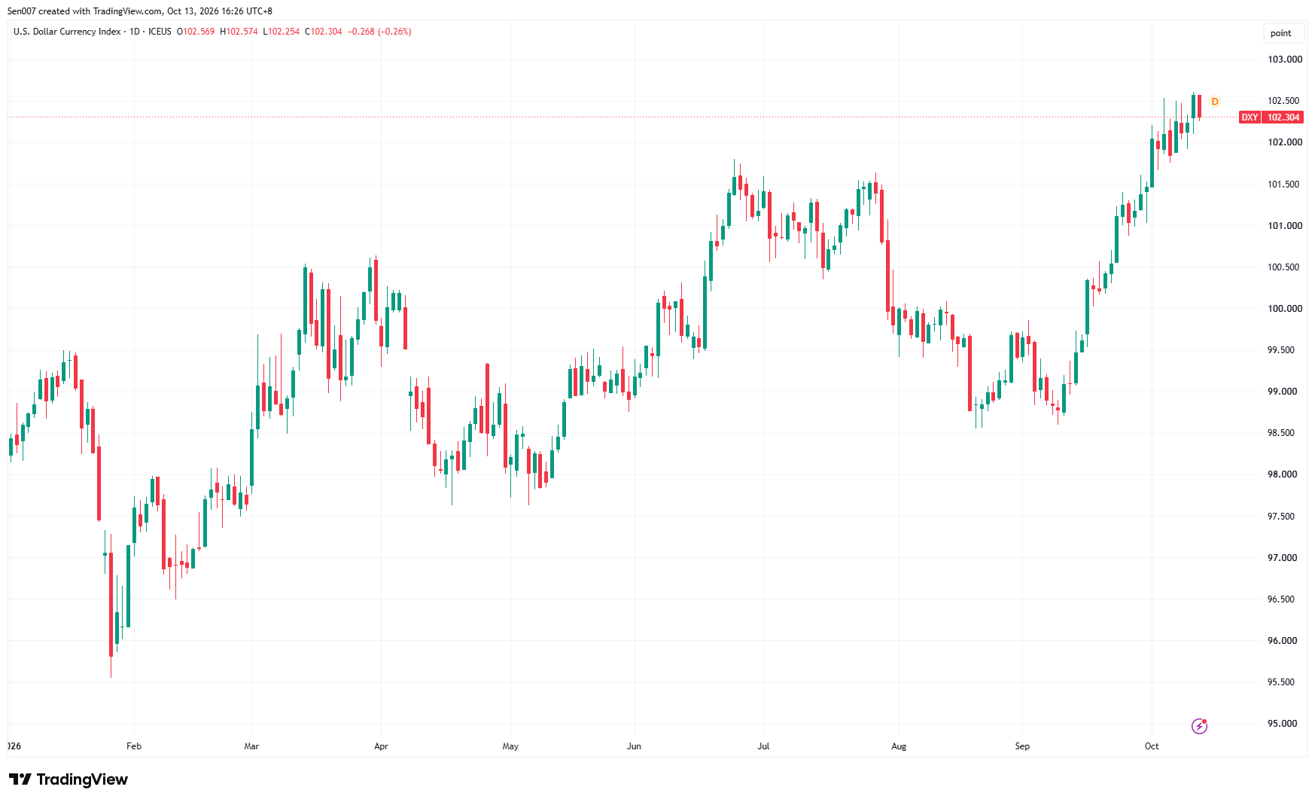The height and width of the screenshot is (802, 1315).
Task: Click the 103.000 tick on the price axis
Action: (1284, 59)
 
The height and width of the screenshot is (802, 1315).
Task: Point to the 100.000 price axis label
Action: (1284, 308)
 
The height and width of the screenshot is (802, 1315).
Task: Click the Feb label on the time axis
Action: (134, 746)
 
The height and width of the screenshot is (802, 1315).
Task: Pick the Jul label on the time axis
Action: (763, 746)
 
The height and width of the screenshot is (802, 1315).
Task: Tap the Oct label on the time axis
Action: (1152, 746)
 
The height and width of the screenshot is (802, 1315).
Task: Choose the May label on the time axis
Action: (510, 746)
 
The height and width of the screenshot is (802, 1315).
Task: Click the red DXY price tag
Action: (1250, 117)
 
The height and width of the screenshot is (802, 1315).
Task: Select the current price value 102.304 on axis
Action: (1283, 117)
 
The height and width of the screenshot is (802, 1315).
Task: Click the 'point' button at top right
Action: (1280, 33)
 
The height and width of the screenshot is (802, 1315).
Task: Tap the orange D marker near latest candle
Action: (1215, 102)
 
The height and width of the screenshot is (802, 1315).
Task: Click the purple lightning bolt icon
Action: (1200, 726)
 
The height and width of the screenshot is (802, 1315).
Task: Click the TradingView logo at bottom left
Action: (68, 779)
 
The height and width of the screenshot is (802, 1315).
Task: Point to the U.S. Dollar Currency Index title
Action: (67, 32)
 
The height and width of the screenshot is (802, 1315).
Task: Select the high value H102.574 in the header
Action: (239, 32)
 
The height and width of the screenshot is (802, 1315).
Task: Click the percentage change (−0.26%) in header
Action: (394, 32)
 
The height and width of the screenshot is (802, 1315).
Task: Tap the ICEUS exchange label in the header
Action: (160, 32)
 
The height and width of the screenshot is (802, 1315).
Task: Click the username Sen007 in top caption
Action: (22, 11)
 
